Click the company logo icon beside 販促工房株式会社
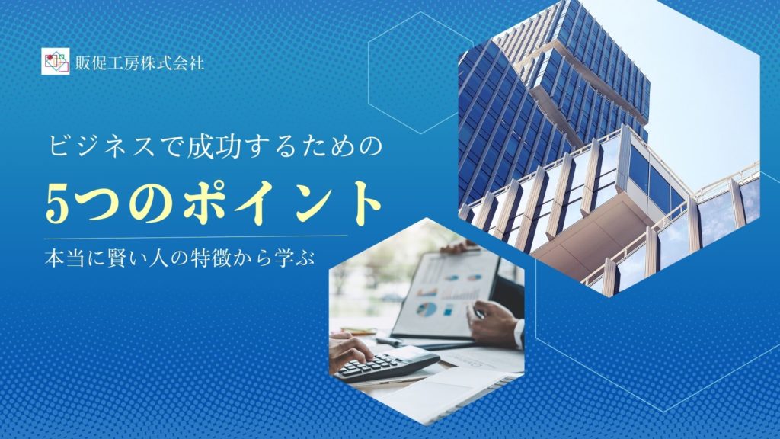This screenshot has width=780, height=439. point(55,61)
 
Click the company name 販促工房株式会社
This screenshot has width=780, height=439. point(140,62)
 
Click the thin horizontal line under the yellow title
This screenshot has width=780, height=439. point(196,236)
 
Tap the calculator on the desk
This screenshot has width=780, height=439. point(386,365)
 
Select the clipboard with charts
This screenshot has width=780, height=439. point(443,293)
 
